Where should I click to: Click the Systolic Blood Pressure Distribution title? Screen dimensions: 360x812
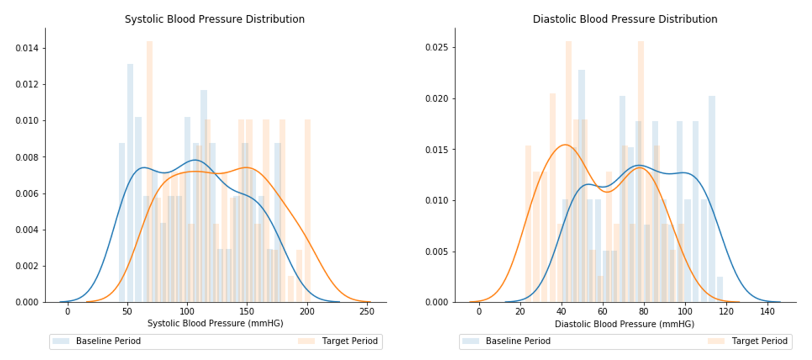tap(214, 19)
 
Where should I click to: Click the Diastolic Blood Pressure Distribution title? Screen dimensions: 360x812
tap(624, 19)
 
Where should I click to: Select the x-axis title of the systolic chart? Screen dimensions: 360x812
tap(215, 323)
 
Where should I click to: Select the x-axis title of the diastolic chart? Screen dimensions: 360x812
tap(625, 323)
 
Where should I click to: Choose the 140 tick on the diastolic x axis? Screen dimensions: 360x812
tap(767, 311)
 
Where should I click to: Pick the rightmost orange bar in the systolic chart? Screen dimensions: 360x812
tap(308, 211)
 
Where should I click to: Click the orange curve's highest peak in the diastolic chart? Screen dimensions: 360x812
tap(565, 145)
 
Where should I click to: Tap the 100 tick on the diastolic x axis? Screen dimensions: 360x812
tap(685, 311)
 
